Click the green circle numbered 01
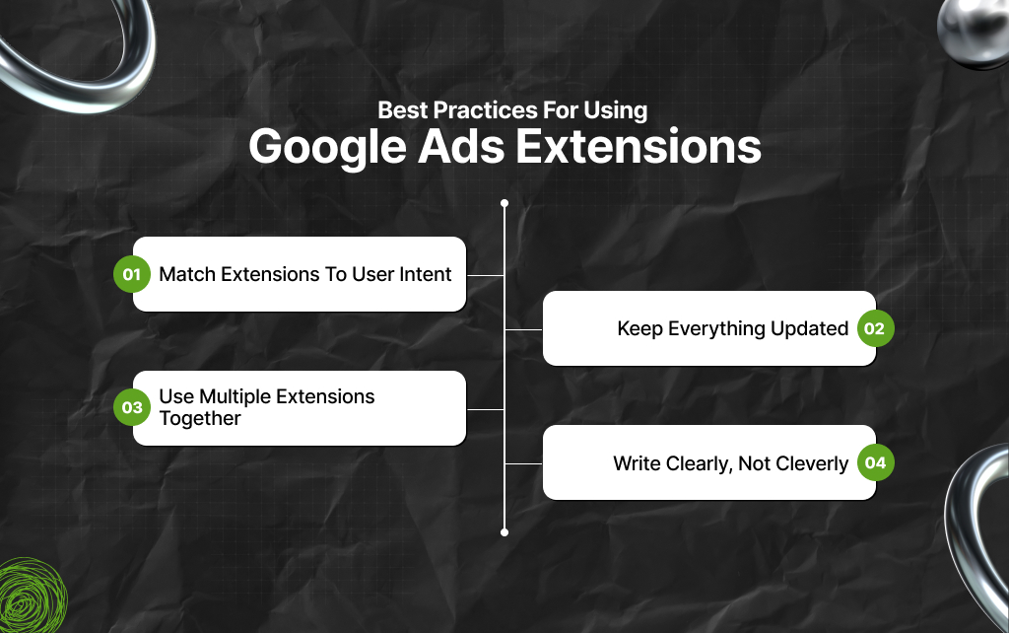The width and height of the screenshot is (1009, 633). [131, 274]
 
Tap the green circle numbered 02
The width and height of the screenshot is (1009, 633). [875, 328]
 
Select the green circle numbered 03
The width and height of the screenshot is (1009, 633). [131, 407]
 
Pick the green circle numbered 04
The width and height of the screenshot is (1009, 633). [875, 462]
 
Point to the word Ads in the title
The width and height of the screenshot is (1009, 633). [462, 147]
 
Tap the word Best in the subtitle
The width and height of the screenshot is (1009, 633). [403, 110]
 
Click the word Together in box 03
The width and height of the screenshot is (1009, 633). [200, 419]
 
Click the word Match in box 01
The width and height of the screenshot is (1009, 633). [186, 274]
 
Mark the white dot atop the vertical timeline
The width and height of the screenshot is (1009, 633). [504, 204]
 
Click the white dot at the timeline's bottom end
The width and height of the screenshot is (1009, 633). [504, 531]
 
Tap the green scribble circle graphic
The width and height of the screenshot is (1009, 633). [32, 597]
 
